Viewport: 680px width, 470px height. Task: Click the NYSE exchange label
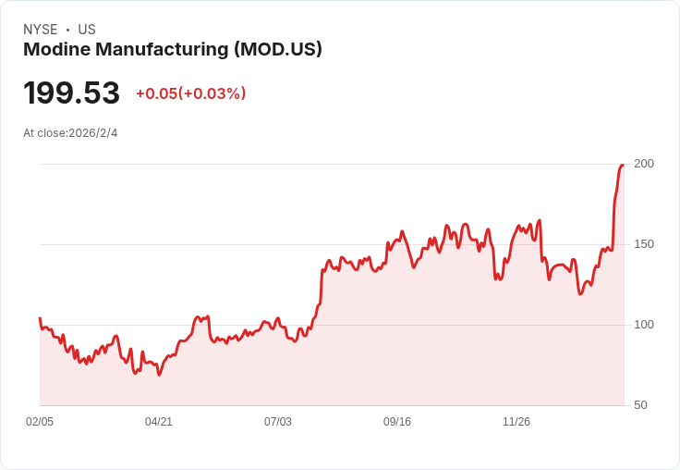tap(41, 30)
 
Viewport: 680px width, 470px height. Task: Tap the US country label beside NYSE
tap(87, 30)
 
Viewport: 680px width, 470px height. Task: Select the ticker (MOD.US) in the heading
tap(278, 50)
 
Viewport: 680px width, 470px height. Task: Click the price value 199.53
tap(72, 93)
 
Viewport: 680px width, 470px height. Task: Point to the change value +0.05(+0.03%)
tap(190, 93)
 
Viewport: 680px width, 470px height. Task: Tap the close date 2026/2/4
tap(93, 133)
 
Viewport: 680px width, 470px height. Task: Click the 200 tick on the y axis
tap(643, 164)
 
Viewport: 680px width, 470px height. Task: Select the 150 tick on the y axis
tap(643, 244)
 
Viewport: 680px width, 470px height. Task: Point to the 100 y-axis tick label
tap(643, 325)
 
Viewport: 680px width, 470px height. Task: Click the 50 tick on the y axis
tap(640, 405)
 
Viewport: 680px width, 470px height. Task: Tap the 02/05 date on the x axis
tap(40, 422)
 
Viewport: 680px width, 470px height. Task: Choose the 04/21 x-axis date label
tap(159, 422)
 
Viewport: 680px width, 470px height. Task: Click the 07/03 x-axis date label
tap(278, 422)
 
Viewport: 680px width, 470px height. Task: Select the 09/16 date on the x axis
tap(397, 422)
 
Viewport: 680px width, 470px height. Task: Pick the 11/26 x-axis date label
tap(516, 422)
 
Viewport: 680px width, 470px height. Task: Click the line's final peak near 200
tap(623, 166)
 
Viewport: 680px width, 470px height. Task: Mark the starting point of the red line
tap(40, 318)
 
